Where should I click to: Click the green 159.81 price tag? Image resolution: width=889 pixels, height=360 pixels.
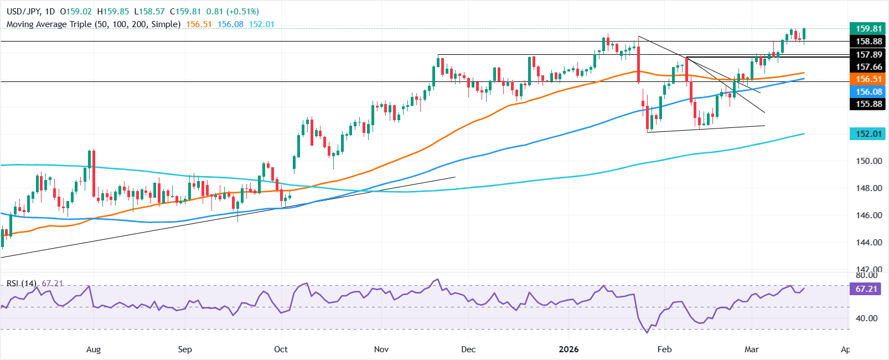point(869,29)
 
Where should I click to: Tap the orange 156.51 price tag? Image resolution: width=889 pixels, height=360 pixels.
point(869,79)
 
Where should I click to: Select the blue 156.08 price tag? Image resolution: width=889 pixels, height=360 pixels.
point(869,92)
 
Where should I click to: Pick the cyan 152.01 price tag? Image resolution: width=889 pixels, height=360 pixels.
point(869,134)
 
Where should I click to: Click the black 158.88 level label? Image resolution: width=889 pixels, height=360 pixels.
point(869,42)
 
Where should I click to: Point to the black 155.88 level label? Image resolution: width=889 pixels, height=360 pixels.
point(869,104)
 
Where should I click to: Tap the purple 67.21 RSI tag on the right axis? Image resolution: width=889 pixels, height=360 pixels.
point(866,289)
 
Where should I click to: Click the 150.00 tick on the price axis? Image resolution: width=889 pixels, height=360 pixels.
point(869,161)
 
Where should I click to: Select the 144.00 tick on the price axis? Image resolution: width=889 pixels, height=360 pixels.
point(869,243)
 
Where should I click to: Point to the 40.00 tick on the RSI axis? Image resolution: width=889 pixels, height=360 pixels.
point(866,318)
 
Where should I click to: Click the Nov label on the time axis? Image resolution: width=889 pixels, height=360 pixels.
point(381,349)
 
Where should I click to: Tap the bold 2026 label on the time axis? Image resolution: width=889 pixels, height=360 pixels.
point(568,349)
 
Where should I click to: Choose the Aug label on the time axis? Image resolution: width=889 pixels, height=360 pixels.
point(94,349)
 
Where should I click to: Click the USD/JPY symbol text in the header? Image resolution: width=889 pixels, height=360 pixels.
point(23,12)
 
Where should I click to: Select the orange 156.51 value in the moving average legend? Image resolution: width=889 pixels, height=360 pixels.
point(199,24)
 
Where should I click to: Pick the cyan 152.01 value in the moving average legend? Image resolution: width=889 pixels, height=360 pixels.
point(261,24)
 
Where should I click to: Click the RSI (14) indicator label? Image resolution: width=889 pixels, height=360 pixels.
point(22,284)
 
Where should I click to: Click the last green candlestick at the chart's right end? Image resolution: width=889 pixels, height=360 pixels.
point(804,34)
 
